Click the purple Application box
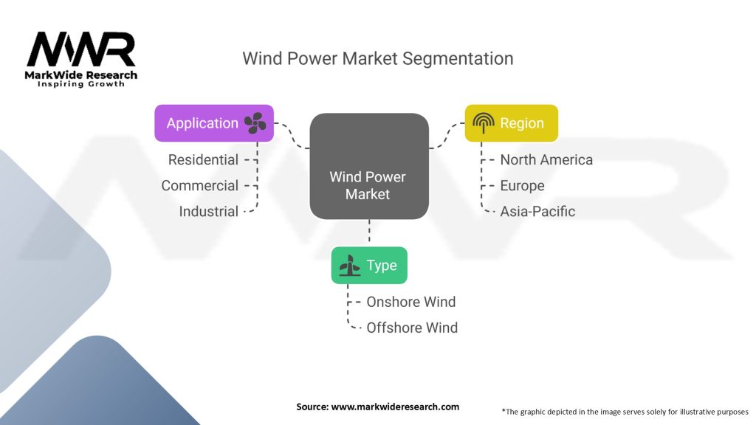[x=214, y=123]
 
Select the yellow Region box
[x=512, y=123]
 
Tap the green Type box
[x=369, y=265]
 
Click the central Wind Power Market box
[x=369, y=166]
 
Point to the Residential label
[x=203, y=159]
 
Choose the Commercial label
[x=199, y=185]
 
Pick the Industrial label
[x=209, y=211]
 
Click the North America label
[x=546, y=159]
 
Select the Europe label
[x=522, y=185]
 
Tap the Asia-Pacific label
[x=537, y=211]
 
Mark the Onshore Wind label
[x=410, y=302]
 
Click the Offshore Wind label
[x=412, y=328]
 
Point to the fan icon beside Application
[x=255, y=123]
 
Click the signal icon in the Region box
[x=483, y=123]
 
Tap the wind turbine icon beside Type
[x=349, y=265]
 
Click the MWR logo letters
[x=81, y=49]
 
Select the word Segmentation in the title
[x=458, y=59]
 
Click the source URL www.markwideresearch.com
[x=396, y=407]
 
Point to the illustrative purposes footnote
[x=625, y=412]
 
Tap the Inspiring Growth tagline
[x=81, y=84]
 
